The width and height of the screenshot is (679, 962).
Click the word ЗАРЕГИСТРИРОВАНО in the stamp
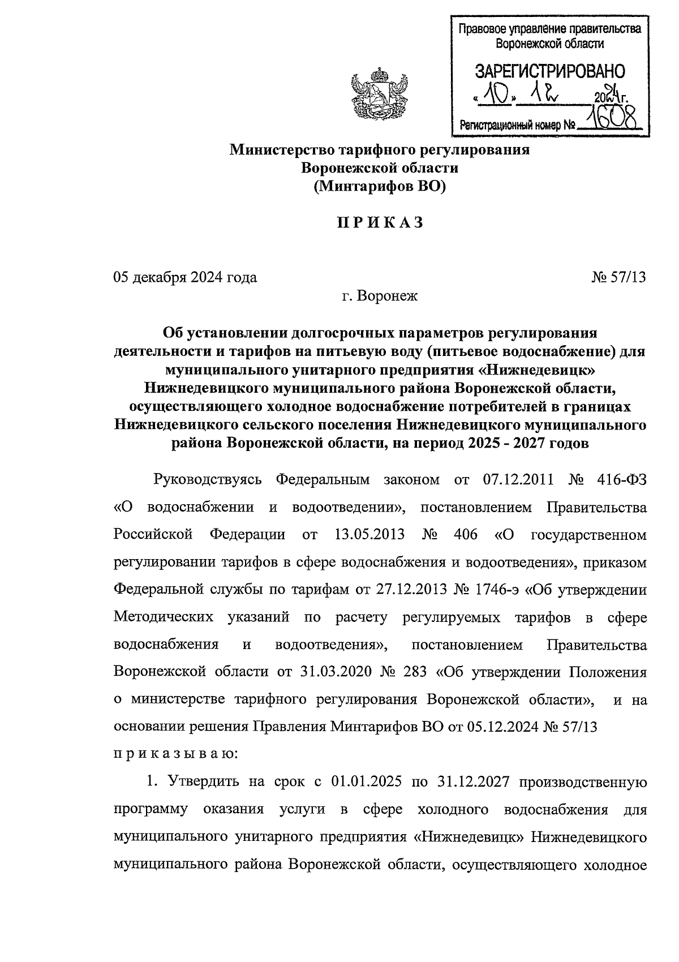pyautogui.click(x=549, y=71)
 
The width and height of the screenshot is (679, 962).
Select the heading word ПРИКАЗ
pyautogui.click(x=380, y=223)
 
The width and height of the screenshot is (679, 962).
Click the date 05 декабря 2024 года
pyautogui.click(x=185, y=277)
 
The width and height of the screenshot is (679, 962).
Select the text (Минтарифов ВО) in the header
pyautogui.click(x=380, y=186)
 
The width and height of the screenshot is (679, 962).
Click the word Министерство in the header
pyautogui.click(x=281, y=150)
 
